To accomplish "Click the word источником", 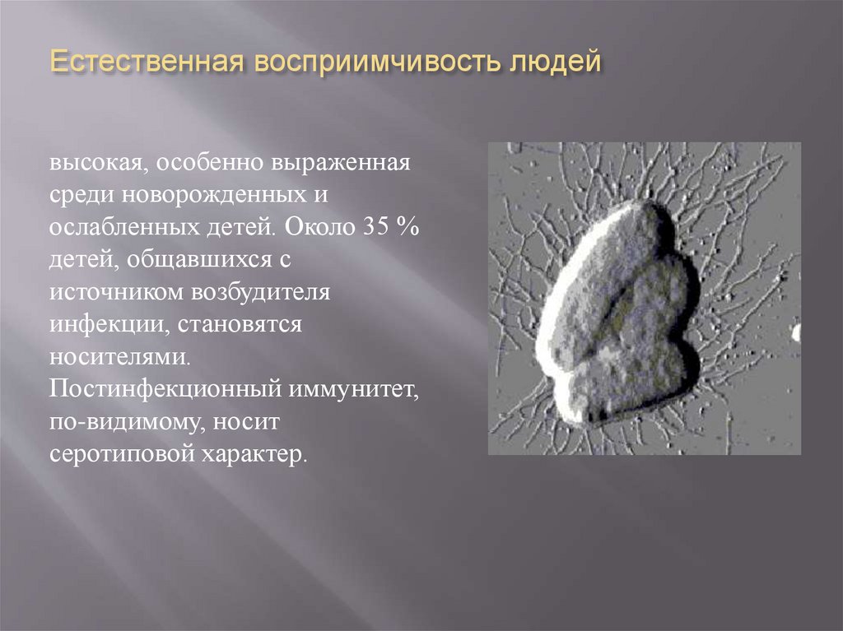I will [114, 292].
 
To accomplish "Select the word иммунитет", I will [353, 388].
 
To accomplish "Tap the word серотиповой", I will [122, 453].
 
